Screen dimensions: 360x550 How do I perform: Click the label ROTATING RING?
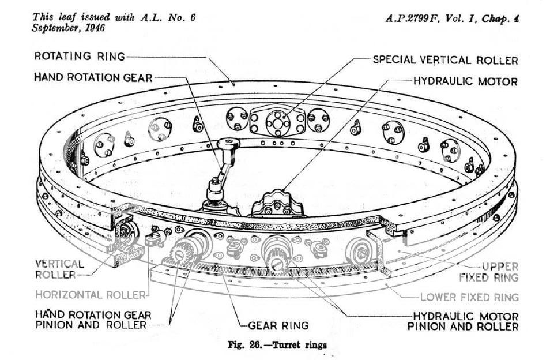tap(79, 57)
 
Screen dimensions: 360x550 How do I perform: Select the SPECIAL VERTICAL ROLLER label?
tap(445, 60)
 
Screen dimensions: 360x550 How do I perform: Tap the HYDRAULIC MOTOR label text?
tap(466, 81)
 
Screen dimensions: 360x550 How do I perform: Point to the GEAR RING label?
tap(278, 325)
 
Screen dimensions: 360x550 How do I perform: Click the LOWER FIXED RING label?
tap(469, 297)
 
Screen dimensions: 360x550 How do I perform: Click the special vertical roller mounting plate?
tap(277, 121)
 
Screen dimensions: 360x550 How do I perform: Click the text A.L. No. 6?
tap(167, 17)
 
